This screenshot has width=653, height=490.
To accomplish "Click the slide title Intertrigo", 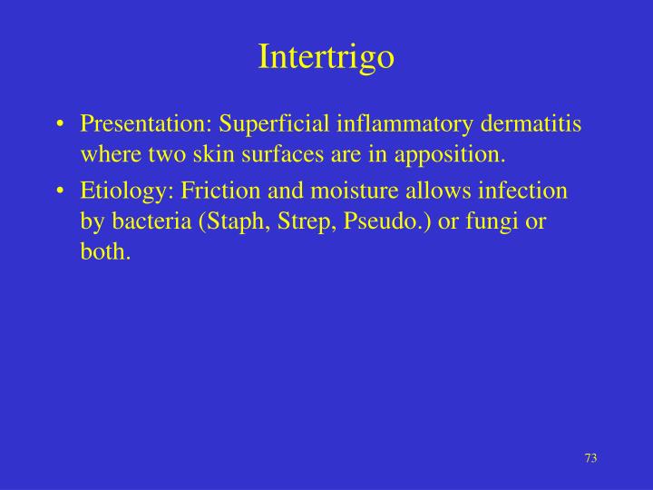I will pos(326,56).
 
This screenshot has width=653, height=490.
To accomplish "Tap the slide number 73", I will pos(590,457).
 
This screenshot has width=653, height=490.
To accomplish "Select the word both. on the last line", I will pos(105,252).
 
